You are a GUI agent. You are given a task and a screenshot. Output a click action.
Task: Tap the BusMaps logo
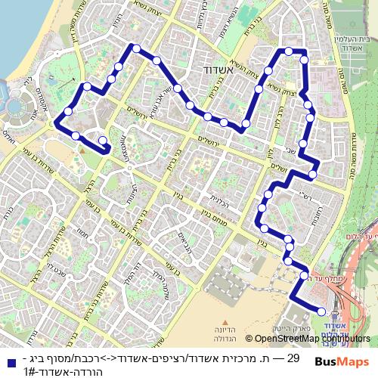click(x=342, y=362)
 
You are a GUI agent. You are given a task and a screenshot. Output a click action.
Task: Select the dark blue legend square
click(x=10, y=362)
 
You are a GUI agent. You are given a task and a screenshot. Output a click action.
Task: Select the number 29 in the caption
click(x=294, y=358)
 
